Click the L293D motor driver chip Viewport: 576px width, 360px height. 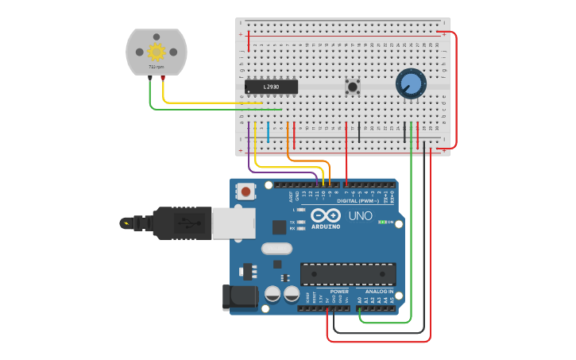click(271, 86)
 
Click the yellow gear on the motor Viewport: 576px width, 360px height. click(156, 52)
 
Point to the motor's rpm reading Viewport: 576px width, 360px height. click(156, 68)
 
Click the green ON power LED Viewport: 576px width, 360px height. click(382, 222)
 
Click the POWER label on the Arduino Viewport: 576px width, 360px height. click(339, 292)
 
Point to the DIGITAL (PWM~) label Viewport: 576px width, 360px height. click(360, 201)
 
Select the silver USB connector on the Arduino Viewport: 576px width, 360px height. click(234, 223)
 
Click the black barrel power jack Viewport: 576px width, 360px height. click(241, 297)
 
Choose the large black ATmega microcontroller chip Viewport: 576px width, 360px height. click(347, 274)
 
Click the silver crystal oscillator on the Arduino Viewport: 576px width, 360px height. click(276, 248)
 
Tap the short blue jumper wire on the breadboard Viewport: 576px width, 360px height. click(268, 133)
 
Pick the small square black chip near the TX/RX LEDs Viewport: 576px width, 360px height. click(279, 227)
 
